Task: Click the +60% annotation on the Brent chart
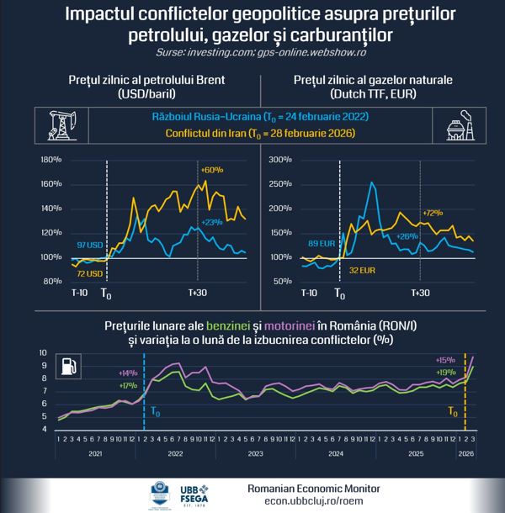point(210,170)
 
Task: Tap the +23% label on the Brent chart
point(210,221)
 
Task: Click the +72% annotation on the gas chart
point(433,213)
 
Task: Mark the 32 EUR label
point(361,272)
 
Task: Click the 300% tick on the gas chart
point(279,159)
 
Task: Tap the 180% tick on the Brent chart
point(51,159)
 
